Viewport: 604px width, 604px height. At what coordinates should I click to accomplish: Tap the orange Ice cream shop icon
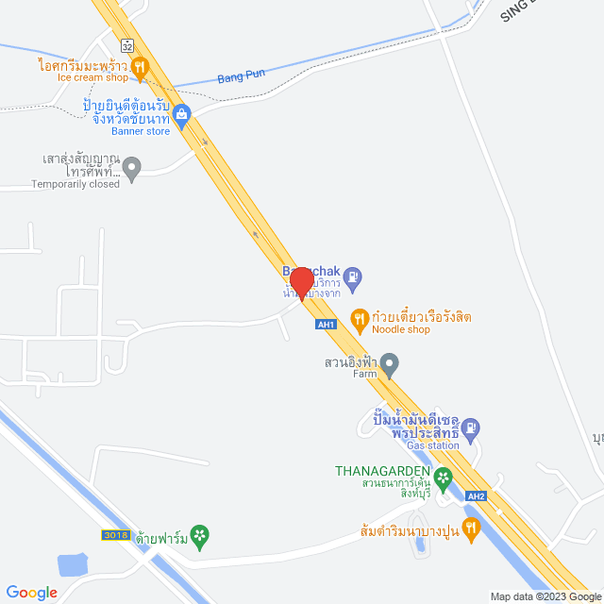point(140,66)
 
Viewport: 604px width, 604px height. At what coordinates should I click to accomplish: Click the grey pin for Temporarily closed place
point(132,171)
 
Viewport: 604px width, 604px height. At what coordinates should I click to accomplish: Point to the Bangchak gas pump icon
point(352,277)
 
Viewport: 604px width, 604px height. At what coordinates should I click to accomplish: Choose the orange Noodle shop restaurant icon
point(359,318)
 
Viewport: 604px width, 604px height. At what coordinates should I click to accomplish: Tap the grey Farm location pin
point(390,363)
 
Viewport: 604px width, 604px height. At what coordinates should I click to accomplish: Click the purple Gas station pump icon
point(473,427)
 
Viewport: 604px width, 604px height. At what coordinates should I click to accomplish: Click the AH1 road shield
point(326,324)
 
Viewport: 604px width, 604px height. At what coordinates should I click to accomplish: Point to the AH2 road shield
point(476,497)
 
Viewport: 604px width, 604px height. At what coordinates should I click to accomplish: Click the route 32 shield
point(126,44)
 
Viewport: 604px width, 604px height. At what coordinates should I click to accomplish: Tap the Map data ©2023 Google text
point(545,596)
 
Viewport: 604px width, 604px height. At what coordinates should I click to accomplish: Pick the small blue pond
point(72,565)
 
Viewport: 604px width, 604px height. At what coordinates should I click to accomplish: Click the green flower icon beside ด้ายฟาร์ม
point(199,537)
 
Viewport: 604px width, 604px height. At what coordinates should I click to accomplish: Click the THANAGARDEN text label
point(381,471)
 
